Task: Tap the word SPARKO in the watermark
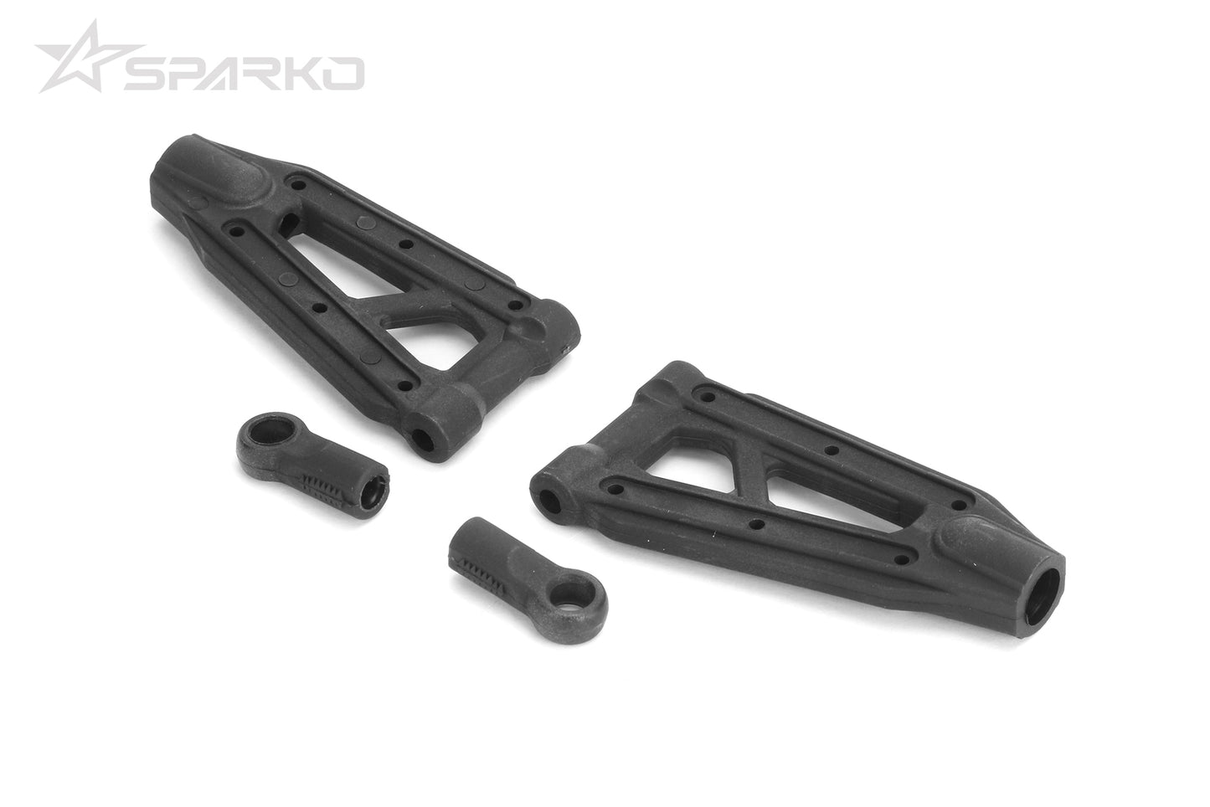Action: coord(244,74)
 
